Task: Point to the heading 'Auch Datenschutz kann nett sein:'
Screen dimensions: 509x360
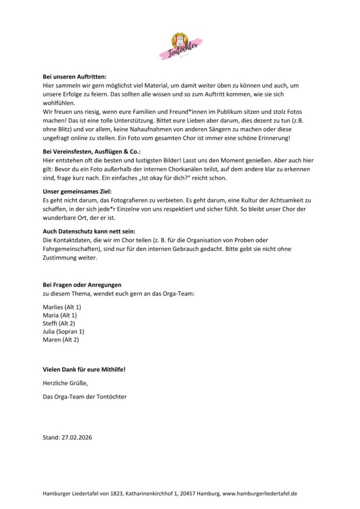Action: (89, 232)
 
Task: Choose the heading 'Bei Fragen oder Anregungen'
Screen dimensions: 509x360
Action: (82, 285)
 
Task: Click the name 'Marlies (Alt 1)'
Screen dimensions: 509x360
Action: (62, 307)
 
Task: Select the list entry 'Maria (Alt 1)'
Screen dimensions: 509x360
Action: (60, 315)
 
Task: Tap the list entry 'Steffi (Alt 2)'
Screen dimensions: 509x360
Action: (60, 323)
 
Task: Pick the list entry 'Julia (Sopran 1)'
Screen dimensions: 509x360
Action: (64, 332)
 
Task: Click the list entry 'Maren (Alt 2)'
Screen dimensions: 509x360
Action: (61, 339)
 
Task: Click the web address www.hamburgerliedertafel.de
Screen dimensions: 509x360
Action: (260, 494)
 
